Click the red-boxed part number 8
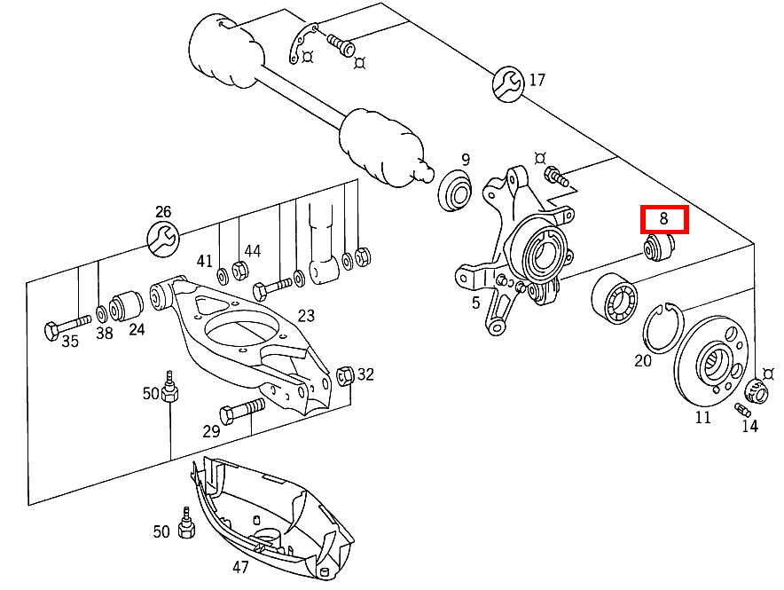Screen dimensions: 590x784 664,217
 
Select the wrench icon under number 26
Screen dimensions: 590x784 162,238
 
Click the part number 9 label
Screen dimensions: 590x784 465,160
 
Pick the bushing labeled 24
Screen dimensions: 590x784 130,304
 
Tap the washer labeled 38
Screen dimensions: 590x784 101,312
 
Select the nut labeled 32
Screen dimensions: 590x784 347,374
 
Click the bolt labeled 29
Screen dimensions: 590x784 239,410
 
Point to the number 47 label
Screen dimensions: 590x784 240,567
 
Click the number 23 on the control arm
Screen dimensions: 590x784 306,315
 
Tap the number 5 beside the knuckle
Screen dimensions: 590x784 475,303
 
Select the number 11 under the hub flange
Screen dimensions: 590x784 702,416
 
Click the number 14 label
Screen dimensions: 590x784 750,425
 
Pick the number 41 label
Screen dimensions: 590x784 205,261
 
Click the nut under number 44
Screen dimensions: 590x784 239,270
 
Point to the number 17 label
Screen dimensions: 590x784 537,81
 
